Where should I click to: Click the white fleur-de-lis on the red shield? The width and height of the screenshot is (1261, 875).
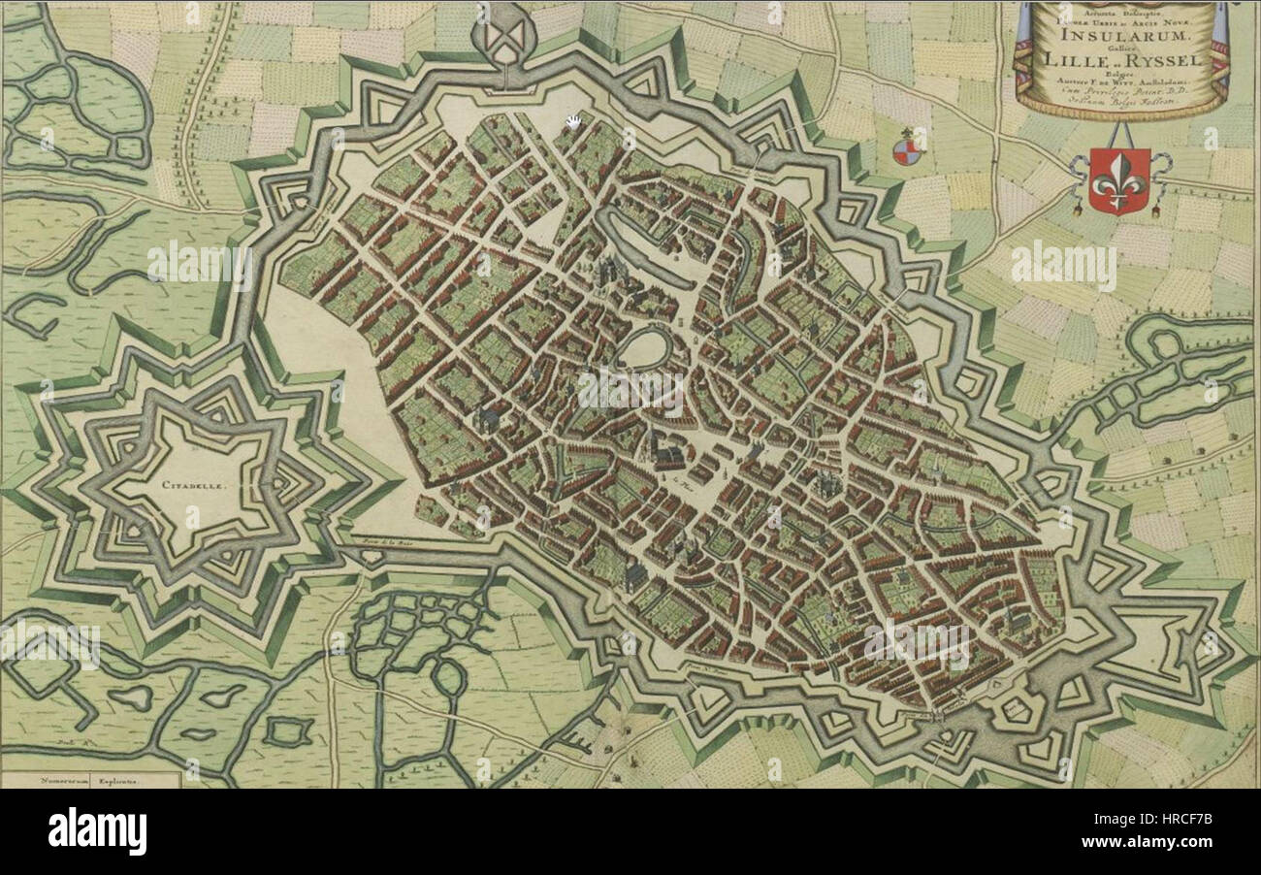click(x=1118, y=180)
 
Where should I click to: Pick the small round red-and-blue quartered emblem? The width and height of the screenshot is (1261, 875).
click(x=905, y=150)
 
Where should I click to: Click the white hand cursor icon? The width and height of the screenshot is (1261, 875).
click(x=574, y=120)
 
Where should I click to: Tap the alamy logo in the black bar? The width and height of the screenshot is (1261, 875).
click(x=98, y=831)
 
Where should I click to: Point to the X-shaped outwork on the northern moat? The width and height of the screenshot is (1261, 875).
click(x=507, y=36)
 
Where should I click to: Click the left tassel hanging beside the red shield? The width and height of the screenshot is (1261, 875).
click(x=1078, y=205)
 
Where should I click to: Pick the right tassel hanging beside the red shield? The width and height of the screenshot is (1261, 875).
click(x=1160, y=205)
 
